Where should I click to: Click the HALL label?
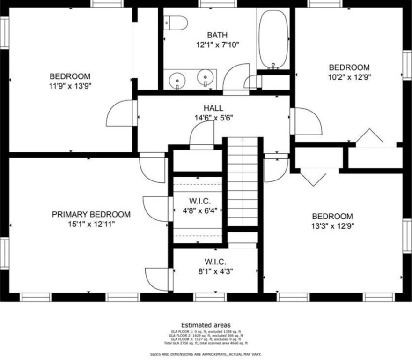click(213, 108)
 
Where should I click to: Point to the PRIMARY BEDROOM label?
click(91, 214)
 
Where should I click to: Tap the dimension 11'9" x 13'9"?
click(70, 86)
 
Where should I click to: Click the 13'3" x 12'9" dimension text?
click(332, 226)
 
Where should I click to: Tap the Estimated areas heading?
click(206, 324)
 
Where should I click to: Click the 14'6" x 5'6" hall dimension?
click(213, 118)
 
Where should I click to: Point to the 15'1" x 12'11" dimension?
click(91, 224)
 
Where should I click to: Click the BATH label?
click(217, 35)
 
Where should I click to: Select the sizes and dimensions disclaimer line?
click(206, 354)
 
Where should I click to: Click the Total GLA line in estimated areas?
click(206, 343)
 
